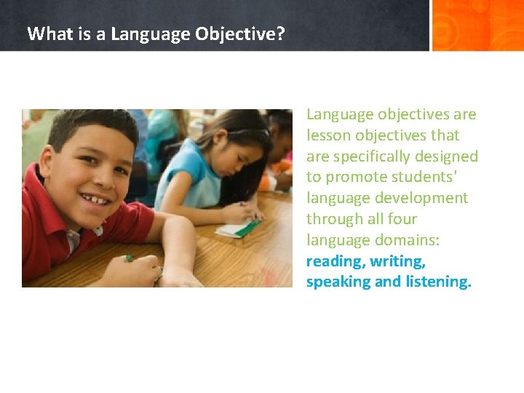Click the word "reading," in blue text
tap(336, 261)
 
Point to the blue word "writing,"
tap(397, 261)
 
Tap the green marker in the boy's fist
tap(130, 258)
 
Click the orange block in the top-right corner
tap(477, 25)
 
